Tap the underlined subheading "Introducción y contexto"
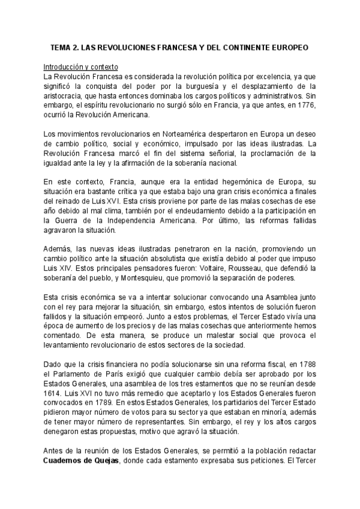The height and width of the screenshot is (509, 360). [81, 67]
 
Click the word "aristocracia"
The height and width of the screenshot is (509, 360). [66, 96]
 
